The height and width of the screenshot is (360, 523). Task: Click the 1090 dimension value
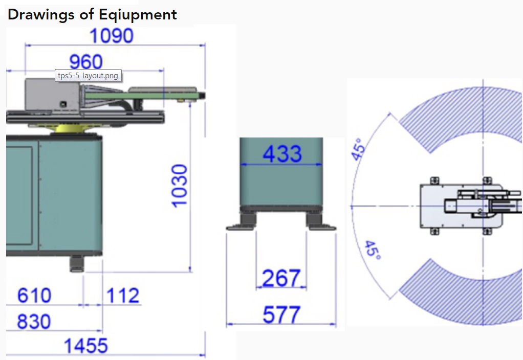pos(112,36)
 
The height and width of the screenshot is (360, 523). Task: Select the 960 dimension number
pos(86,62)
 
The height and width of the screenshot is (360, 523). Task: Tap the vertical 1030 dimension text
pos(180,186)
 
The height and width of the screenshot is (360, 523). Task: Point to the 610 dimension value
pos(34,296)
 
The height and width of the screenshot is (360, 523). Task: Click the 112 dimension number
pos(123,296)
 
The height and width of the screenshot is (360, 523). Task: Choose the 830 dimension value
pos(34,322)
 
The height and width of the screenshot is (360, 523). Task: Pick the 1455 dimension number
pos(86,346)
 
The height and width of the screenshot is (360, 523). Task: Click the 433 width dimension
pos(282,153)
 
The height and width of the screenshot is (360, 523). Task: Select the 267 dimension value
pos(281,278)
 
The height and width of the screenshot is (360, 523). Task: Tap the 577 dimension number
pos(281,314)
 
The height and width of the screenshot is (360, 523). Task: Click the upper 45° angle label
pos(360,148)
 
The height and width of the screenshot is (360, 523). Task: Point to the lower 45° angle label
pos(373,251)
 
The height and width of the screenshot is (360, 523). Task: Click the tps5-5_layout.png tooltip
pos(88,76)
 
